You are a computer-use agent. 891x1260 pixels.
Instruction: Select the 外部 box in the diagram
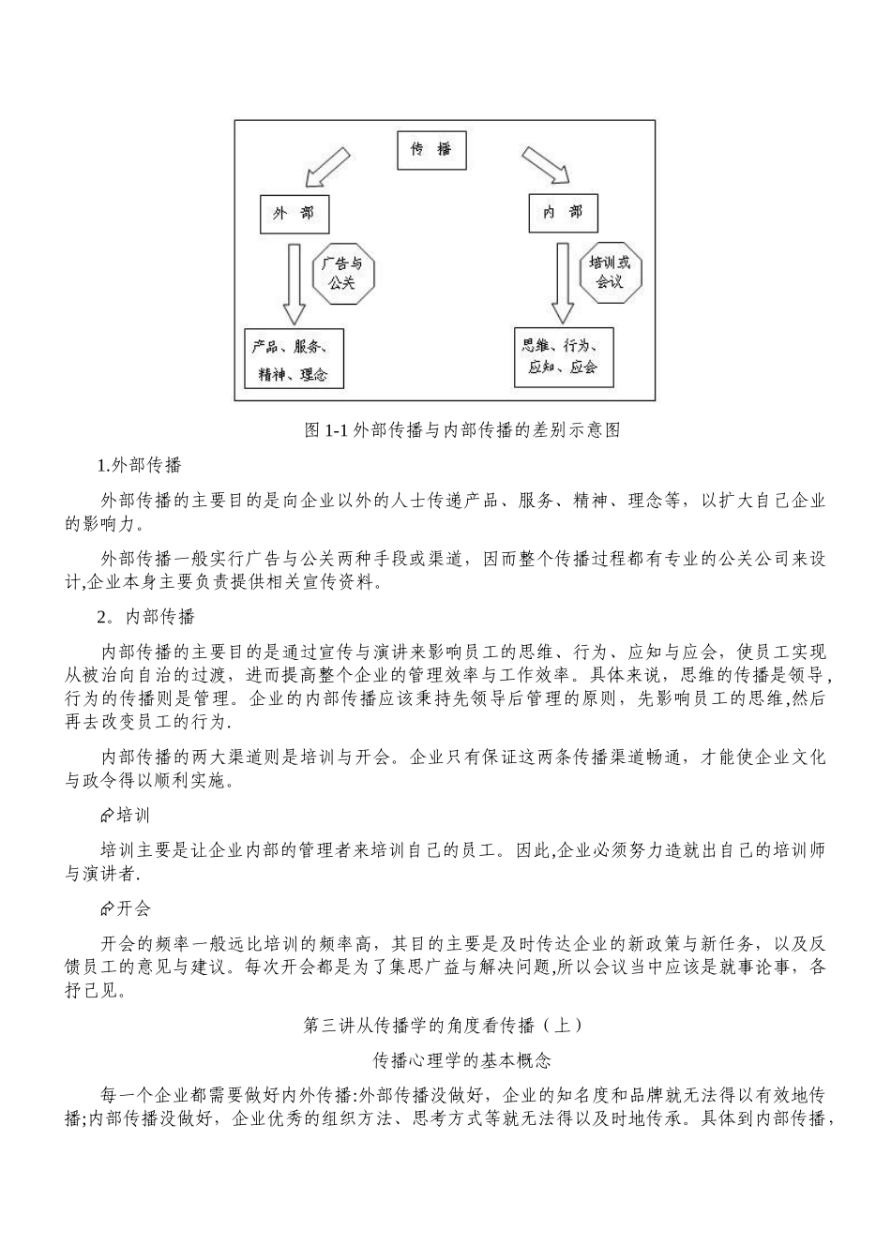pyautogui.click(x=294, y=214)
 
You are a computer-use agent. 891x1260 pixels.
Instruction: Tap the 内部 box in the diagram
pyautogui.click(x=563, y=213)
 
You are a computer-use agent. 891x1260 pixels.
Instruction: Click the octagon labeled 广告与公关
pyautogui.click(x=342, y=273)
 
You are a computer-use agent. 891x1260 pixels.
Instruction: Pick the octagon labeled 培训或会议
pyautogui.click(x=610, y=272)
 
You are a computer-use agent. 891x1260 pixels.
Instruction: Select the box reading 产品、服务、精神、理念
pyautogui.click(x=291, y=359)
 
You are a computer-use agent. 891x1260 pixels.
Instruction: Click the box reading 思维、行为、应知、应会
pyautogui.click(x=564, y=356)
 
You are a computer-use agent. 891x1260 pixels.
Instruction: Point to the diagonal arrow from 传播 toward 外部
pyautogui.click(x=323, y=168)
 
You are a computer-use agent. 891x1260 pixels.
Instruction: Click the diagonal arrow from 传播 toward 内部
pyautogui.click(x=544, y=165)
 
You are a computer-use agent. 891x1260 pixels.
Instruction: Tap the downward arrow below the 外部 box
pyautogui.click(x=294, y=283)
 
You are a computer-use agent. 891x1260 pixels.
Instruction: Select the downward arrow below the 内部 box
pyautogui.click(x=562, y=281)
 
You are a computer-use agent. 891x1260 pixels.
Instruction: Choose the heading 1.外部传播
pyautogui.click(x=140, y=465)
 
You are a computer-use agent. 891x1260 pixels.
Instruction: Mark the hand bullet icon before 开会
pyautogui.click(x=107, y=908)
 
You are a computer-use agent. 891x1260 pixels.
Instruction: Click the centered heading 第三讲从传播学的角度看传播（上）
pyautogui.click(x=445, y=1026)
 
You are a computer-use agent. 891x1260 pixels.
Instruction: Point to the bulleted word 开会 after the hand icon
pyautogui.click(x=134, y=908)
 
